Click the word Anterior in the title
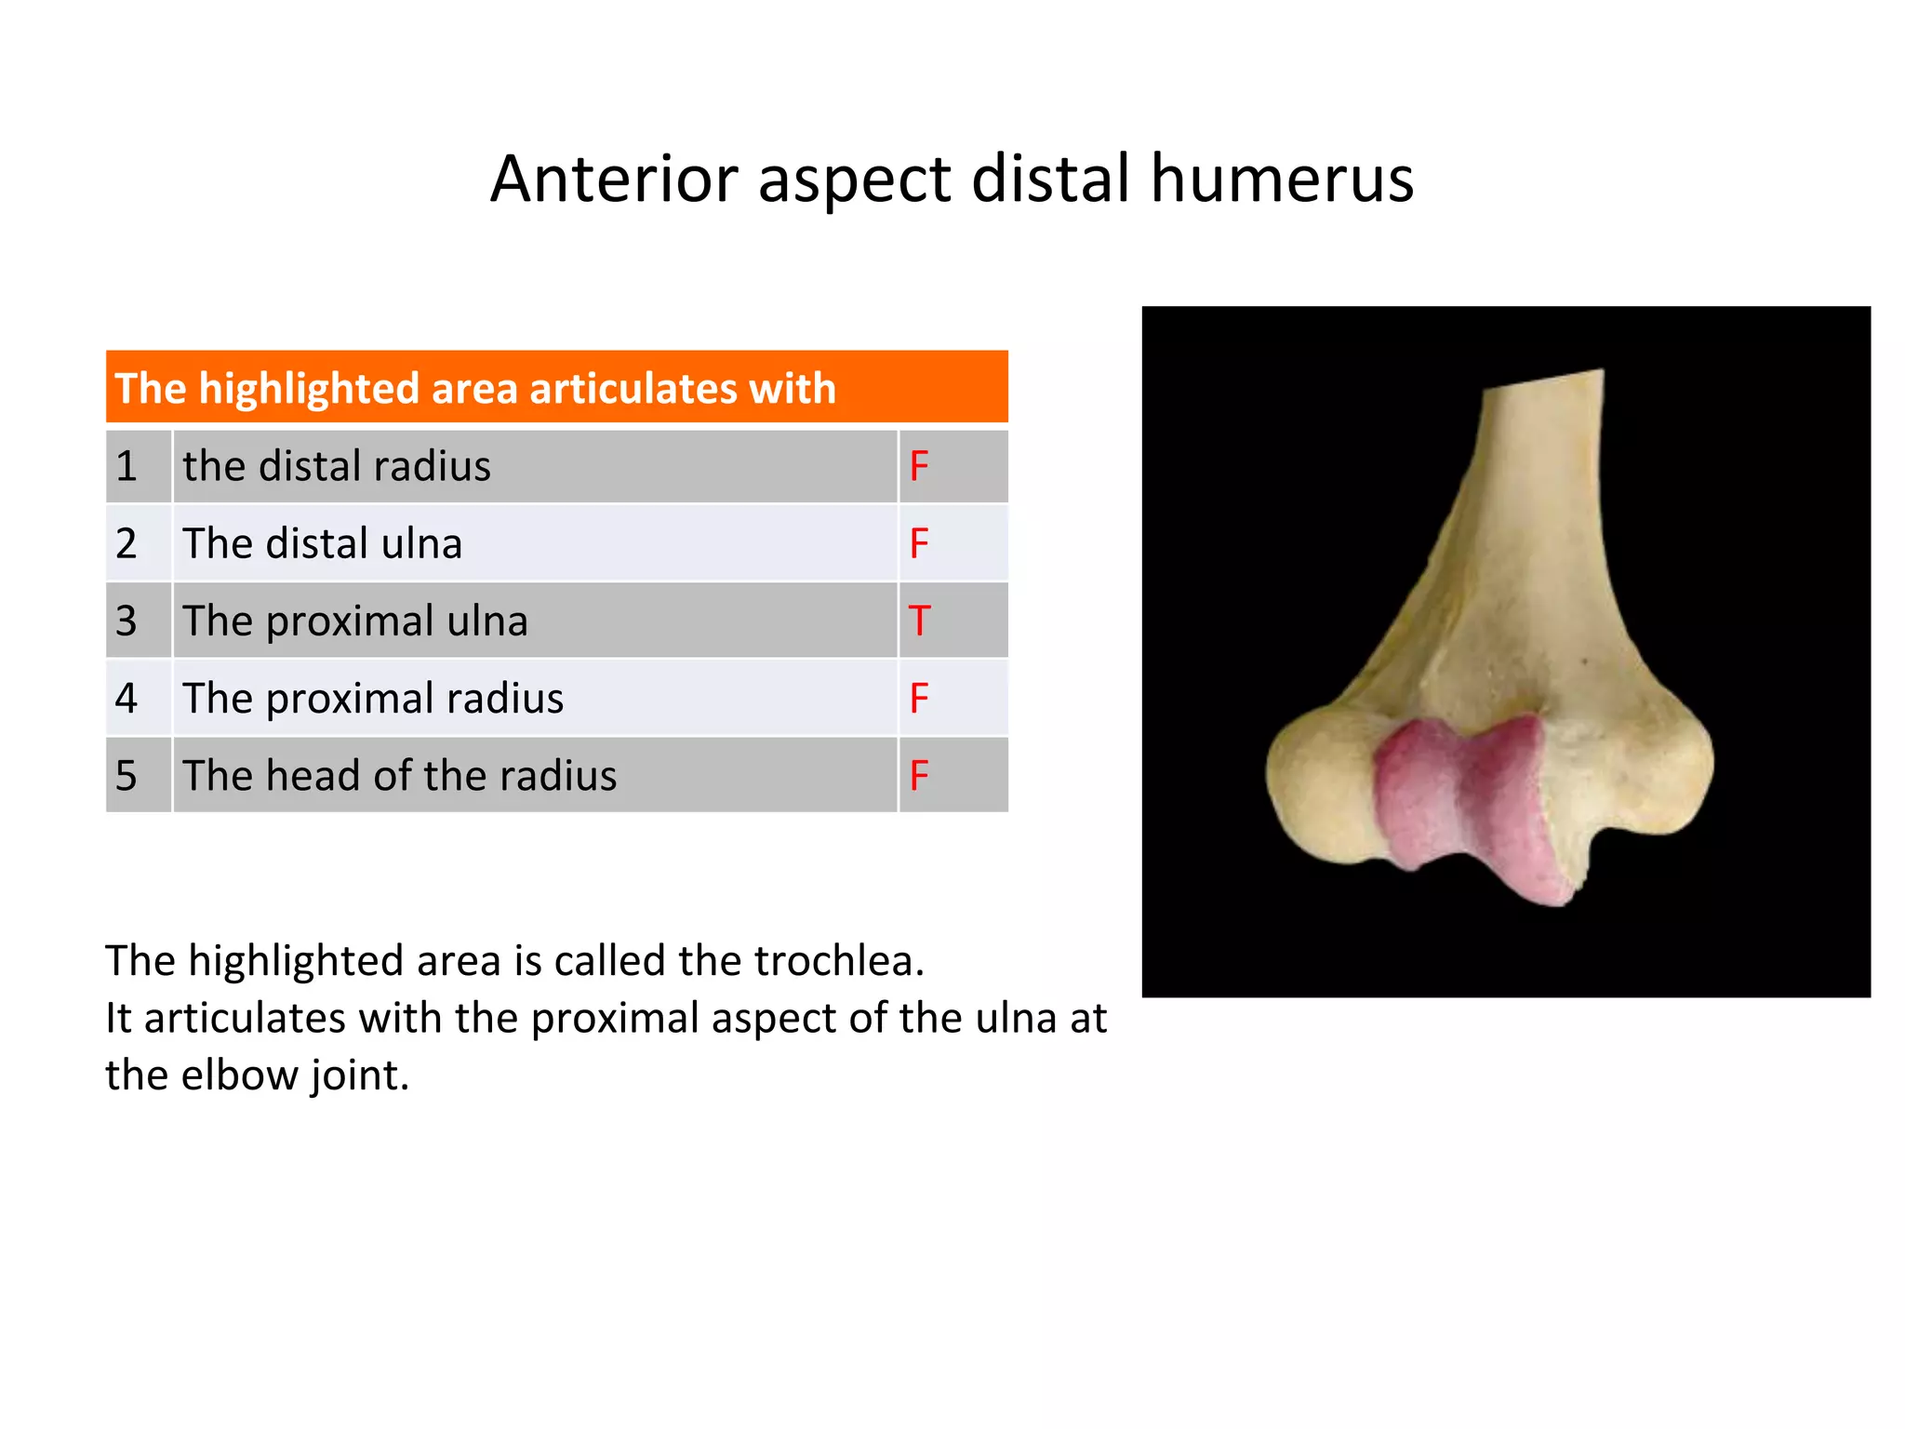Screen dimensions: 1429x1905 (x=614, y=179)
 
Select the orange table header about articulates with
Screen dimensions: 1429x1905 (x=556, y=388)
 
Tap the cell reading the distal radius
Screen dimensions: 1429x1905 (x=534, y=466)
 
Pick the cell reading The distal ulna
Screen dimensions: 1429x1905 (x=534, y=543)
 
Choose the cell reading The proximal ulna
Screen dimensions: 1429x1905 (x=534, y=621)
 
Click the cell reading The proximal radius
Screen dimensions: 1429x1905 (x=534, y=698)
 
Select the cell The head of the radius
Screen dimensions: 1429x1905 (x=534, y=775)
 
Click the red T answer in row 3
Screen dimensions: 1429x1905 (x=919, y=621)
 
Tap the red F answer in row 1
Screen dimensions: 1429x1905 (x=919, y=466)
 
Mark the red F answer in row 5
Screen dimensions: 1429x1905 (x=919, y=775)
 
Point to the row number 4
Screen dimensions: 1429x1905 (x=127, y=698)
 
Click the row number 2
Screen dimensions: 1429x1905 (x=127, y=543)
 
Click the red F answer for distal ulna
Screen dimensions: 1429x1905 (x=919, y=543)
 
